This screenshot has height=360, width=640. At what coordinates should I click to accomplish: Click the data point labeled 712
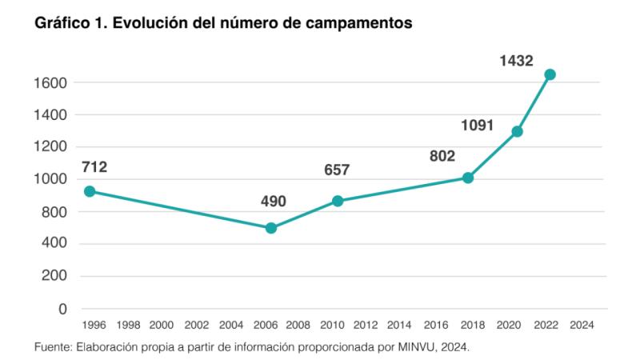click(x=90, y=191)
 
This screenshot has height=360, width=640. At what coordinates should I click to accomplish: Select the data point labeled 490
click(x=271, y=228)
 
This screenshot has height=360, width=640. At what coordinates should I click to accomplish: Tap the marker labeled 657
click(x=338, y=201)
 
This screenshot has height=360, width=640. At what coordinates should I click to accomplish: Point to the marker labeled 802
click(x=468, y=178)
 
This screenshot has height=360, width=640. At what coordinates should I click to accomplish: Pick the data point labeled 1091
click(x=517, y=131)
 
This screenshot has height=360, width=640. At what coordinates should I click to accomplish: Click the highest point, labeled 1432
click(x=550, y=74)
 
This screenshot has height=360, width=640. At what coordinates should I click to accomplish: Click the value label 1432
click(x=517, y=61)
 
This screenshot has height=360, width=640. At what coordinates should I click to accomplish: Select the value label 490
click(x=274, y=201)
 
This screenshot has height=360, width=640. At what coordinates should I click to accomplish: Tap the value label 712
click(x=94, y=168)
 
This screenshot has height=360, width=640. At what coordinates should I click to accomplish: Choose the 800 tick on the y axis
click(x=58, y=212)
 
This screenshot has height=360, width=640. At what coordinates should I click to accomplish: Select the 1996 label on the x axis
click(x=94, y=326)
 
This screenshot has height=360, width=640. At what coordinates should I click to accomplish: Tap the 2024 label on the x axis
click(x=582, y=326)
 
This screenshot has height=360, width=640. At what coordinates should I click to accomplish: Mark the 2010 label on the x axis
click(x=333, y=326)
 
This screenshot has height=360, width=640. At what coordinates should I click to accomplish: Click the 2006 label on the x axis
click(x=265, y=326)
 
